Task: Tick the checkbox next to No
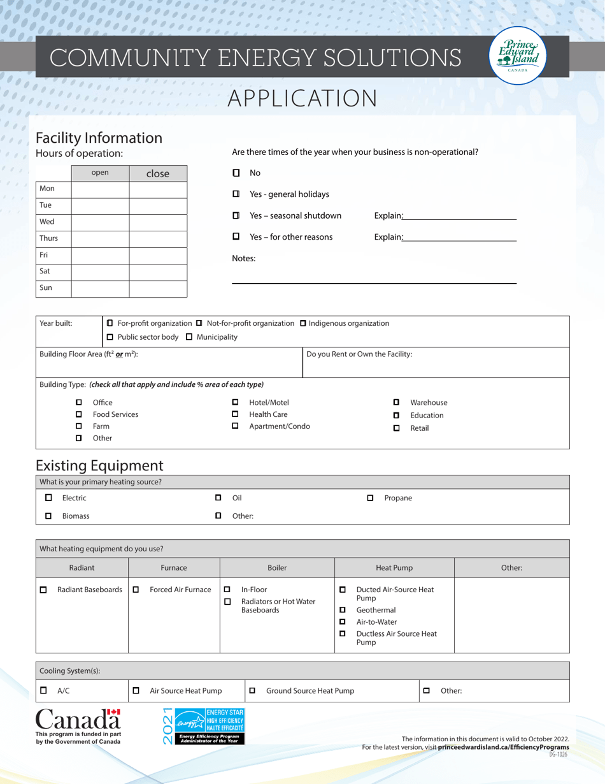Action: [x=236, y=173]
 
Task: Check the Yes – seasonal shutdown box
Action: [x=236, y=215]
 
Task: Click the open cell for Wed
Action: [x=100, y=222]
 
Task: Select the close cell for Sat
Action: [x=158, y=272]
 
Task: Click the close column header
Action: [x=158, y=173]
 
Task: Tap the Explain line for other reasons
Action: [x=460, y=237]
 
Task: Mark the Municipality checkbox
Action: [x=189, y=337]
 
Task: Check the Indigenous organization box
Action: [x=303, y=323]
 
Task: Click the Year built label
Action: [x=56, y=323]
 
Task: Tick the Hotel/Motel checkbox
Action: [x=235, y=402]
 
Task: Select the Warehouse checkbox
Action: [x=396, y=402]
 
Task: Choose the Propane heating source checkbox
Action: [x=370, y=498]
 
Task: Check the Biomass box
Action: [x=48, y=516]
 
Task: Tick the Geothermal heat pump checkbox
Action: [x=343, y=610]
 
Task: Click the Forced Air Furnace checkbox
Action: [x=136, y=590]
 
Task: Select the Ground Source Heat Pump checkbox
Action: [x=252, y=690]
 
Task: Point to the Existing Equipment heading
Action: [x=99, y=465]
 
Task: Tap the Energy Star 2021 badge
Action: [x=203, y=725]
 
